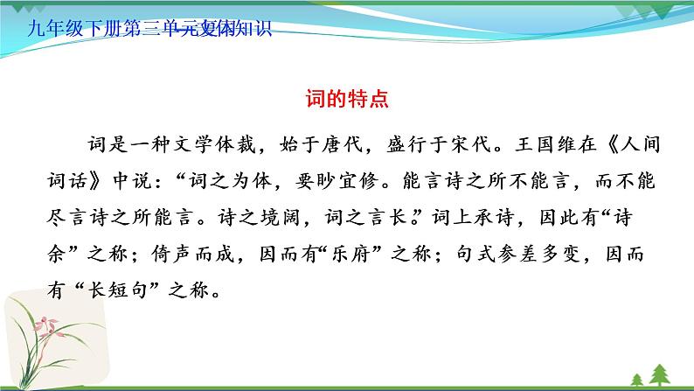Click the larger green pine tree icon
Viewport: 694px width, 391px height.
pos(635,377)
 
